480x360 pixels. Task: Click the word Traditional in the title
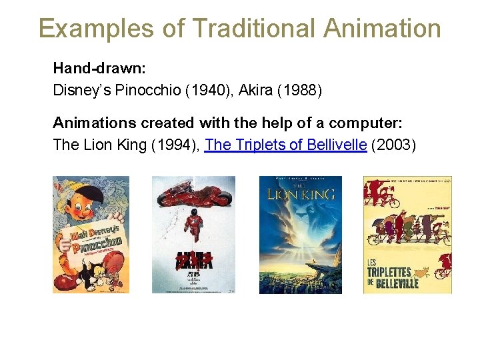point(253,29)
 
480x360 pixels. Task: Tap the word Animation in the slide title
point(382,29)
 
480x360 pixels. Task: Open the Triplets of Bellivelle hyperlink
point(286,145)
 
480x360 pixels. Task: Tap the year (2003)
point(393,145)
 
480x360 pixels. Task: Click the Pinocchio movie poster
point(91,235)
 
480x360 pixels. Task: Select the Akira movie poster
point(193,235)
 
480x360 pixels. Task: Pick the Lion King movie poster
point(300,235)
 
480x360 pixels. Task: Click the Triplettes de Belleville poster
point(407,235)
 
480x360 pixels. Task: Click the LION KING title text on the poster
point(300,195)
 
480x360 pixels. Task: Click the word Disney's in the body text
point(83,89)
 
